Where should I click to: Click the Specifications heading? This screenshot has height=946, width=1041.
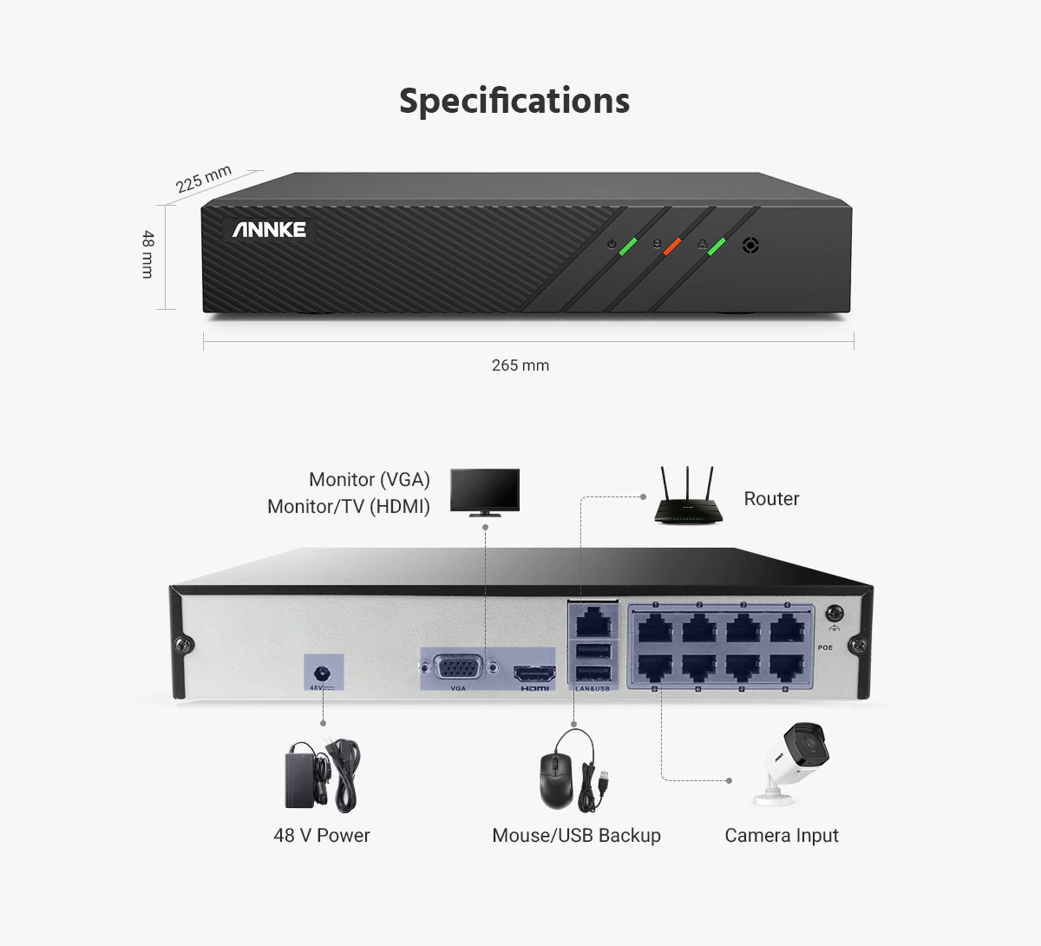click(514, 101)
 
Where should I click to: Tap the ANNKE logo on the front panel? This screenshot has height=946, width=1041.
click(269, 229)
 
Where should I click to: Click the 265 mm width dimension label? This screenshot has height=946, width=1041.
click(520, 365)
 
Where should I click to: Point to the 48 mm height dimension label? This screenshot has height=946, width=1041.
click(147, 254)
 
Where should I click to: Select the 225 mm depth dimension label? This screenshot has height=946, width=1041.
click(203, 179)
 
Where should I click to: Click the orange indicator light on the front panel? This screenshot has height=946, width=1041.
click(672, 246)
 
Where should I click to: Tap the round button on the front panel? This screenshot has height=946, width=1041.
click(750, 246)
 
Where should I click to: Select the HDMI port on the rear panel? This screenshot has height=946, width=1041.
click(534, 673)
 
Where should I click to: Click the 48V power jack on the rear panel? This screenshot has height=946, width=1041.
click(322, 673)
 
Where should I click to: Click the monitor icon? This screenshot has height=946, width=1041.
click(485, 493)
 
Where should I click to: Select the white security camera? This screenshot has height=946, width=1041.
click(791, 763)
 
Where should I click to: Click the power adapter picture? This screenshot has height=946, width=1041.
click(322, 776)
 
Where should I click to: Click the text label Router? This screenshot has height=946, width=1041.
click(772, 498)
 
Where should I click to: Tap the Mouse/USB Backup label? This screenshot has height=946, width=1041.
click(577, 836)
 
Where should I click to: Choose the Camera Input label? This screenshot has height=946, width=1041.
click(782, 836)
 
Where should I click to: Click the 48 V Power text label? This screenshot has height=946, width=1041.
click(322, 836)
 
